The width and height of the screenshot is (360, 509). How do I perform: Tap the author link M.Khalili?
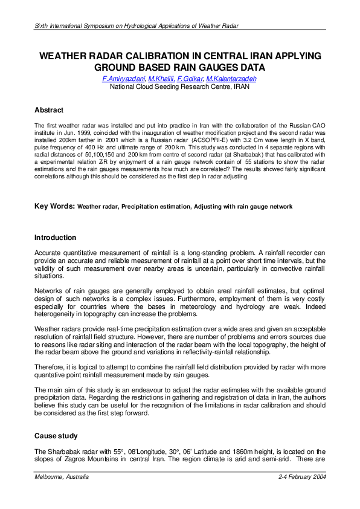tap(162, 79)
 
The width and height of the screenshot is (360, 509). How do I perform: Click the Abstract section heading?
tap(50, 110)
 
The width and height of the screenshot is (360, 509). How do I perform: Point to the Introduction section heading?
tap(55, 238)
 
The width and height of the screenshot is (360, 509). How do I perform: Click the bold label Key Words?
tap(54, 207)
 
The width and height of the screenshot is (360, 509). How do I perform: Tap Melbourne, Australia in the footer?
tap(62, 477)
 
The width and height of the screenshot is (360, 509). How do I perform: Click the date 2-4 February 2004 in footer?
tap(302, 477)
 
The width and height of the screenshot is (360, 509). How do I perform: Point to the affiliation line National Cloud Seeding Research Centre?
tap(179, 87)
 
